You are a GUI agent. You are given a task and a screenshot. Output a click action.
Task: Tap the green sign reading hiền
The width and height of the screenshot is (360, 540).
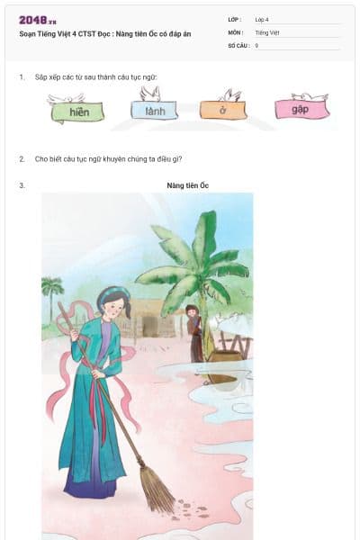(x=77, y=112)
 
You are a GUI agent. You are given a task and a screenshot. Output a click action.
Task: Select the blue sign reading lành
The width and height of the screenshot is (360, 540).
(x=154, y=112)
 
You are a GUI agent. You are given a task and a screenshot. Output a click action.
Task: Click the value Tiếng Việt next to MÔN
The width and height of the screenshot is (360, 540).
(x=267, y=31)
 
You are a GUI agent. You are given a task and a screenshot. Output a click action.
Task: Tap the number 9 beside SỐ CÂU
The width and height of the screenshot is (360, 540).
(x=256, y=44)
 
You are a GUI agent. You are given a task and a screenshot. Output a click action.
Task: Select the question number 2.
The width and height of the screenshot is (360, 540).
(x=21, y=158)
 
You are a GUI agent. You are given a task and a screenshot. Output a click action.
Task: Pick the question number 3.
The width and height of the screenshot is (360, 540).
(x=21, y=185)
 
